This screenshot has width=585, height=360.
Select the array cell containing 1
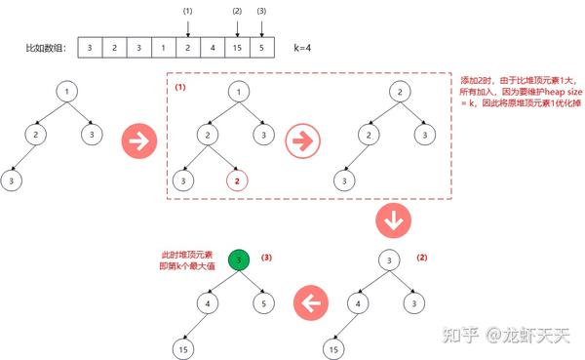(x=162, y=46)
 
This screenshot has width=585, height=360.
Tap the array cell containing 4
(x=213, y=46)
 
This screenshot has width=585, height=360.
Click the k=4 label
(x=305, y=46)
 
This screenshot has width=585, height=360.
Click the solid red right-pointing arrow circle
(x=136, y=141)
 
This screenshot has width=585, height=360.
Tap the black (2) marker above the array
(x=238, y=11)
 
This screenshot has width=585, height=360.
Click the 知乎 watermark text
(x=463, y=336)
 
